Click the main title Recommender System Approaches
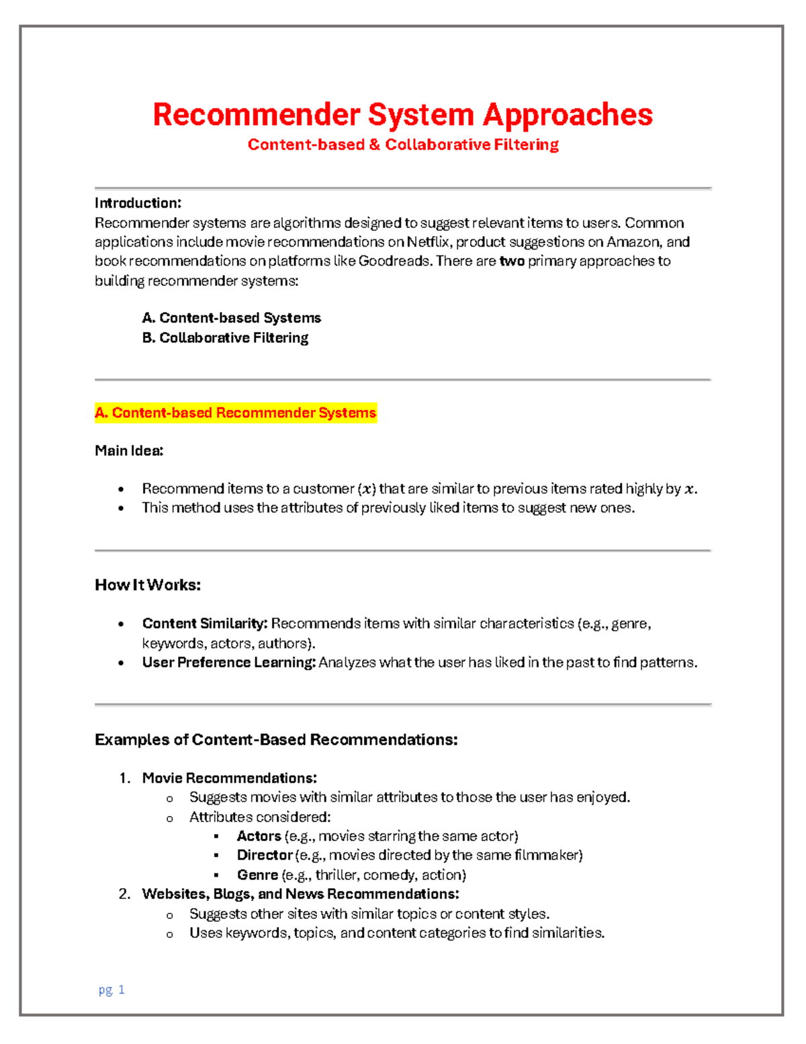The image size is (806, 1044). (x=402, y=114)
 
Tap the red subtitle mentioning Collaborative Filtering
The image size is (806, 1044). (x=403, y=145)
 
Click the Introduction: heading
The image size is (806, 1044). (x=138, y=203)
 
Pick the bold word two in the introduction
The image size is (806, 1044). (x=512, y=261)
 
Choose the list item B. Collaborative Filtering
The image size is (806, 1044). (x=225, y=337)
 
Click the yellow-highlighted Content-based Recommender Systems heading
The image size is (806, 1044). (x=236, y=413)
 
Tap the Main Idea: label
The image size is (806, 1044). (x=129, y=450)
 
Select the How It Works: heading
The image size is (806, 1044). (x=148, y=585)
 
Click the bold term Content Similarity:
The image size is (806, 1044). (x=205, y=624)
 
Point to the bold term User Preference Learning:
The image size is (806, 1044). (x=228, y=663)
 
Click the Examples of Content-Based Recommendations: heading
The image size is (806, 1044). (x=276, y=740)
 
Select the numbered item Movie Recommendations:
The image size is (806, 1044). (x=229, y=778)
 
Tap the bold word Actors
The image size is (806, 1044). (x=259, y=836)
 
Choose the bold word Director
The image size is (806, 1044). (x=265, y=855)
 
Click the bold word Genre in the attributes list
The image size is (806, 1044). (x=257, y=875)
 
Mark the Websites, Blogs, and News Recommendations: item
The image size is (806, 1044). (x=300, y=894)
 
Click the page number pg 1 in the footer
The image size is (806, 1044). (x=111, y=990)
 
